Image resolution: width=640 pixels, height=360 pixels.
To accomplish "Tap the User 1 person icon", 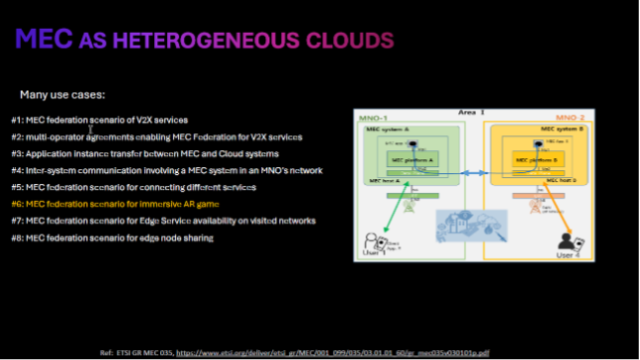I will pyautogui.click(x=372, y=239).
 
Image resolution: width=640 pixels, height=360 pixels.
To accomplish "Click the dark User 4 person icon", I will pyautogui.click(x=567, y=242).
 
